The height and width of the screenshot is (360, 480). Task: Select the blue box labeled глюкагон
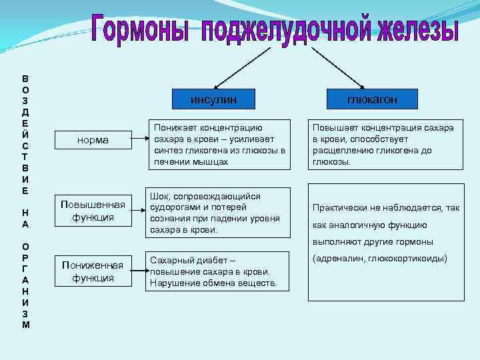[x=372, y=99]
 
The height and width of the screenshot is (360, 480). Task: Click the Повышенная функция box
[x=93, y=211]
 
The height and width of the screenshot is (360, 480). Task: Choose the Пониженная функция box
[x=93, y=271]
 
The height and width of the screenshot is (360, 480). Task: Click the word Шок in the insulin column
[x=161, y=197]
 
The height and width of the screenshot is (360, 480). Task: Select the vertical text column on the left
[x=25, y=200]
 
